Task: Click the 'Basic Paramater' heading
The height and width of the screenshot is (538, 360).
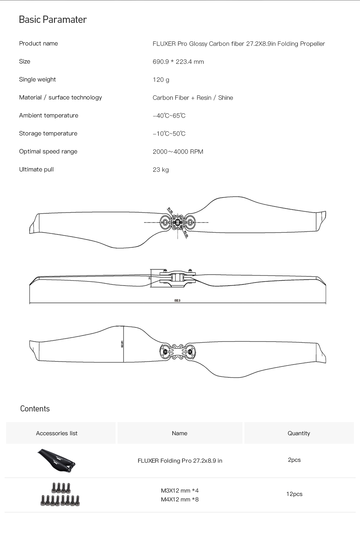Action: [x=53, y=20]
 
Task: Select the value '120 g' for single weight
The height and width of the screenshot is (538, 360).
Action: [x=161, y=80]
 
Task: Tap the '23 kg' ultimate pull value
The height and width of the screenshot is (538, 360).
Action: [x=161, y=170]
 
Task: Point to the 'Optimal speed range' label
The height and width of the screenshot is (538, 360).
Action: [x=48, y=152]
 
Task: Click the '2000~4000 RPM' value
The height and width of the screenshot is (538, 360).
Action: [x=178, y=152]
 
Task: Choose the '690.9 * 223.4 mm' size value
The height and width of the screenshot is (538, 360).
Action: [x=178, y=62]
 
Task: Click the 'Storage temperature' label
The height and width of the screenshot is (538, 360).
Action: [x=48, y=134]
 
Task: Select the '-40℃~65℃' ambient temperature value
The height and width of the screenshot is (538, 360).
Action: [x=169, y=116]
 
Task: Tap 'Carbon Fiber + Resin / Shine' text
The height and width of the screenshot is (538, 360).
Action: [x=193, y=98]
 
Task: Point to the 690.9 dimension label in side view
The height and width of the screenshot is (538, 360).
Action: [x=177, y=301]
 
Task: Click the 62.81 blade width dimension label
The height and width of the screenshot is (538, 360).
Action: [x=122, y=344]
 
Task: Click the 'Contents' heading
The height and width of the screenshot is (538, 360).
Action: [x=35, y=409]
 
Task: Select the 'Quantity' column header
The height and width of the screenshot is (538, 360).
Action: [x=299, y=433]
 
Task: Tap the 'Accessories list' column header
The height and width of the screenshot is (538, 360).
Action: [x=57, y=433]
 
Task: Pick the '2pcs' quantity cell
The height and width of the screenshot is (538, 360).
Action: [x=294, y=460]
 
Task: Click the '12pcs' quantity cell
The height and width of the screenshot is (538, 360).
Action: [x=294, y=494]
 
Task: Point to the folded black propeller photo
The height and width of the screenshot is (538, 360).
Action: [x=56, y=460]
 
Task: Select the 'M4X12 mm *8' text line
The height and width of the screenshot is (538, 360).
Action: [x=180, y=500]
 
